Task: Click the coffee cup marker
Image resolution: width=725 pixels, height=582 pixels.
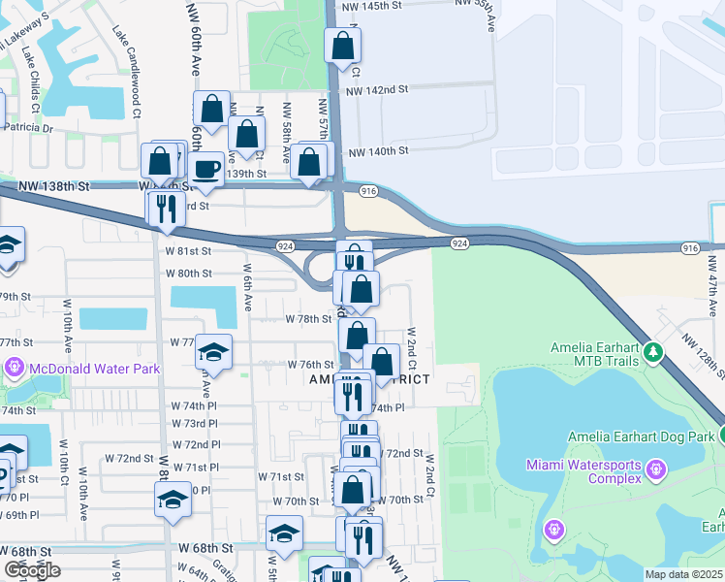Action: [205, 170]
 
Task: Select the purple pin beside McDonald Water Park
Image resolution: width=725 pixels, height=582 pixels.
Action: [15, 369]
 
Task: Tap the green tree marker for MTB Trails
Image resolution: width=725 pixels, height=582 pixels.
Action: [654, 351]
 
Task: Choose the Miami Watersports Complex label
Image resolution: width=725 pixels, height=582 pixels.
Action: [583, 471]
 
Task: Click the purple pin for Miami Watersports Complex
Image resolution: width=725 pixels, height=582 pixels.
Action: [655, 470]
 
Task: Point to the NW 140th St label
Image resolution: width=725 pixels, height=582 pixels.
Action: [379, 151]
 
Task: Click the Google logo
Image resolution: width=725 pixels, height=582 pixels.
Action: [32, 569]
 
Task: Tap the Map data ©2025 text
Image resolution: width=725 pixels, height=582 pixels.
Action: [684, 574]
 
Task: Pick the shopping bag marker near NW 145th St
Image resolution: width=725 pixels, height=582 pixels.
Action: [342, 45]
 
